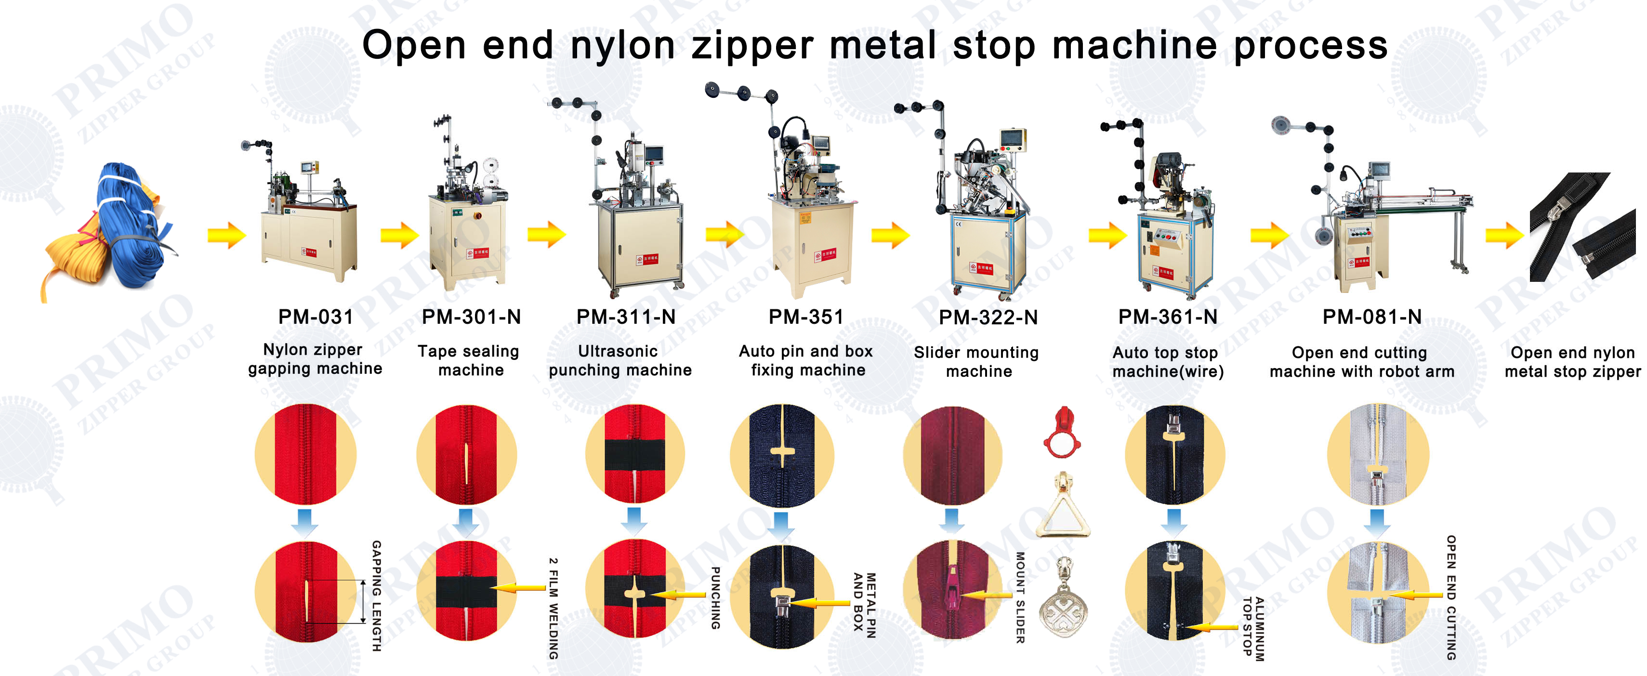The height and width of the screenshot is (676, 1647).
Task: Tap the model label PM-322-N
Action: point(988,317)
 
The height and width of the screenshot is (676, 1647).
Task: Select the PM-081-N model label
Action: point(1371,317)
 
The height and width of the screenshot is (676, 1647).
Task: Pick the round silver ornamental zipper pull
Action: point(1063,601)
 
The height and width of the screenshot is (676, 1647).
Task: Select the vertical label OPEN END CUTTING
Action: point(1451,598)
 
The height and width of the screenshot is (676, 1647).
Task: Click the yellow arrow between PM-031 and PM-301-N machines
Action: point(399,235)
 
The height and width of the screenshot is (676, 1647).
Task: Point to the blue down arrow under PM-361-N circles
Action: point(1174,521)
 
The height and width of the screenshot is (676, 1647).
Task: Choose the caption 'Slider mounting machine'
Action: point(976,362)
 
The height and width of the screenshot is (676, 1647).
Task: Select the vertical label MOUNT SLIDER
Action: point(1020,598)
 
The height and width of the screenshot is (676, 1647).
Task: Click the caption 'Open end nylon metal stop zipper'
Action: point(1572,362)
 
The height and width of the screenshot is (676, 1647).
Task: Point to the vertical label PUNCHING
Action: point(715,598)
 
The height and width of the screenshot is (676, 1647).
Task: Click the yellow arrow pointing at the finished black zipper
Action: point(1504,235)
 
